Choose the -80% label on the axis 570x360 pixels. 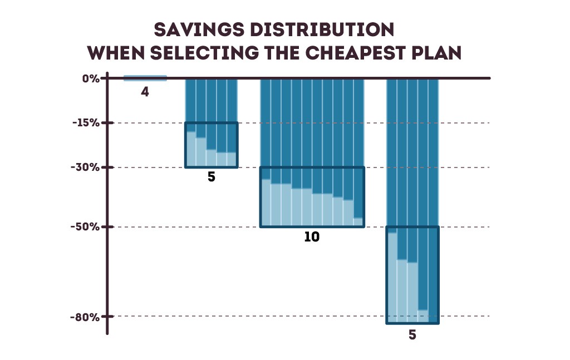tap(84, 317)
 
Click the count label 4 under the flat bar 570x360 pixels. tap(145, 92)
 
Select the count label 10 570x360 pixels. tap(312, 236)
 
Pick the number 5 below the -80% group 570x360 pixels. tap(412, 335)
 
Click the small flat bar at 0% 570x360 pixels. tap(145, 78)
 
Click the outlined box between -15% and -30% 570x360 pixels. tap(212, 145)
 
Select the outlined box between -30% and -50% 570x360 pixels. tap(312, 197)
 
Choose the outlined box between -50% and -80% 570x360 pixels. tap(412, 275)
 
